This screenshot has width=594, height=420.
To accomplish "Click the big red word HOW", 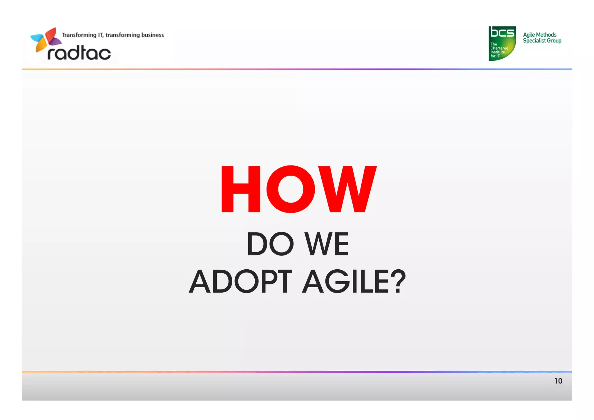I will coord(299,189).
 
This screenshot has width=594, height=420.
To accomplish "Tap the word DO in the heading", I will coord(270,244).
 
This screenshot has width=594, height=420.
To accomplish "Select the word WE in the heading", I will coord(327,244).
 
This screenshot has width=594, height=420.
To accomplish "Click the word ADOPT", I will coord(240,282).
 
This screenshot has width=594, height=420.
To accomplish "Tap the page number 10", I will coord(558,381).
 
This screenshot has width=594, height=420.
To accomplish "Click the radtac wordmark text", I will coord(79,53).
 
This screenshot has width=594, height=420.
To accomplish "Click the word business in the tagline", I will coord(152,35).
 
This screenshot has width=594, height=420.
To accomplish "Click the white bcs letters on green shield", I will coord(502,32).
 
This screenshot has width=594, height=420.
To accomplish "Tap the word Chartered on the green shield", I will coord(499,48).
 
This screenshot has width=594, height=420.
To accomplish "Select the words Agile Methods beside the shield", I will coord(539,35).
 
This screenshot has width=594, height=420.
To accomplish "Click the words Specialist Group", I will coord(542,41).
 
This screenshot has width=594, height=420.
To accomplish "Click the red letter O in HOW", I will coord(291,189).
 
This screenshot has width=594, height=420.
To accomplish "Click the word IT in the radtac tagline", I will coord(100,35).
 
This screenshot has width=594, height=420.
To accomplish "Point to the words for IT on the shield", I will coord(495,56).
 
